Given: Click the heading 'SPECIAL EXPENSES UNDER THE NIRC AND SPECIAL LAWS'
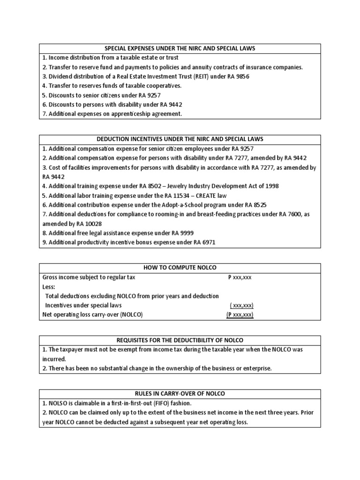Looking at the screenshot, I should [180, 49].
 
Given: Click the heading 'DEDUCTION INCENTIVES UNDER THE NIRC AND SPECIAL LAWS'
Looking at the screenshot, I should [180, 140].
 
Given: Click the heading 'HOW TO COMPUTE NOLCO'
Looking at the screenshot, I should [180, 268].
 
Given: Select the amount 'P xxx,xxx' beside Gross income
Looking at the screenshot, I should [240, 277].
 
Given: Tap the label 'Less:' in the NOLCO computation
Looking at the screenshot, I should [49, 287].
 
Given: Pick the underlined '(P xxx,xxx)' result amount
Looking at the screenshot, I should [240, 315].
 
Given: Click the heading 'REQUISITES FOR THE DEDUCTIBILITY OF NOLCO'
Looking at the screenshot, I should [180, 340].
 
